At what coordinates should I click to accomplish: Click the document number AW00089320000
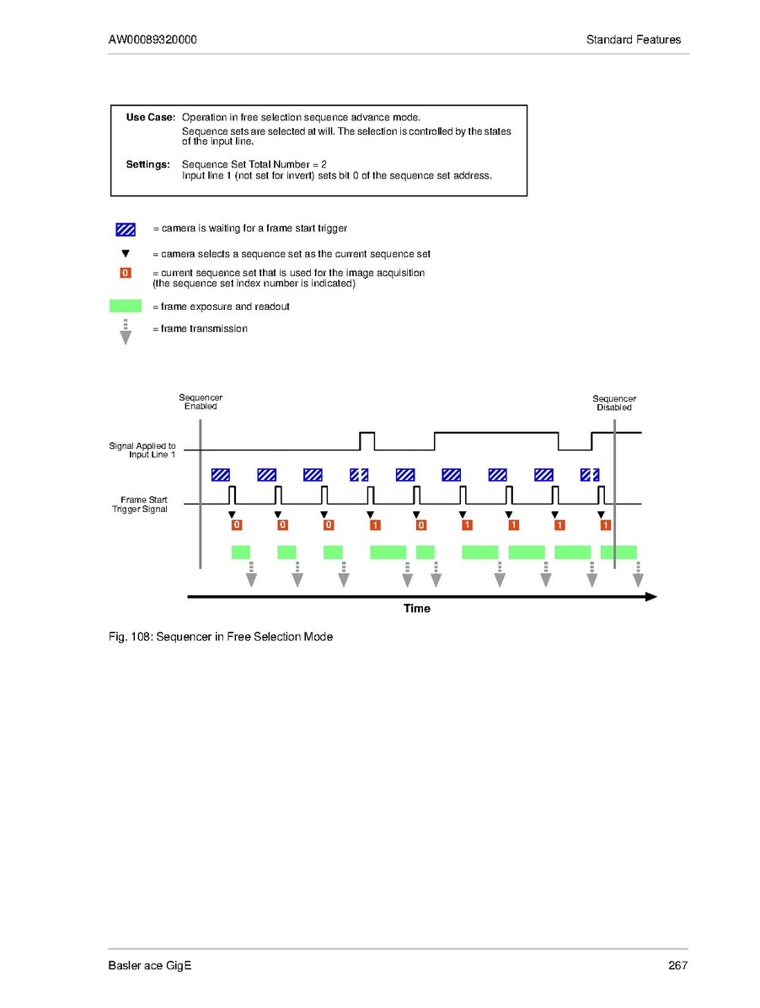point(153,40)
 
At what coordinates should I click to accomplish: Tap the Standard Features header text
point(634,40)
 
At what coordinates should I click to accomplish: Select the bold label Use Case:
point(150,117)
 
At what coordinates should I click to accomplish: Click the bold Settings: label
point(147,164)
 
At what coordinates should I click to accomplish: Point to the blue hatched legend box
point(126,229)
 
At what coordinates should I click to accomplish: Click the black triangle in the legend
point(126,253)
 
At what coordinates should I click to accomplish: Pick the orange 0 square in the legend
point(126,273)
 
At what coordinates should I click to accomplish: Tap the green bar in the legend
point(126,307)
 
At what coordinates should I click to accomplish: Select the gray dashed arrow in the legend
point(126,332)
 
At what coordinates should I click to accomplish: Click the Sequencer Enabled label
point(201,402)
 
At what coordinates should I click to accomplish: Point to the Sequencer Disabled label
point(614,403)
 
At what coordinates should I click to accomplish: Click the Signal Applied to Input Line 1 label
point(142,450)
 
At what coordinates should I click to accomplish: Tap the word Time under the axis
point(416,608)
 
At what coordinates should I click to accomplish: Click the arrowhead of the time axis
point(650,596)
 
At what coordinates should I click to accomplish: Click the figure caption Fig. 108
point(220,637)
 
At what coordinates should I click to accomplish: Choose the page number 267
point(678,965)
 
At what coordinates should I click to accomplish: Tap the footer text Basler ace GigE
point(150,965)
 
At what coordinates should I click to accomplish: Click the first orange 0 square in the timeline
point(237,525)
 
